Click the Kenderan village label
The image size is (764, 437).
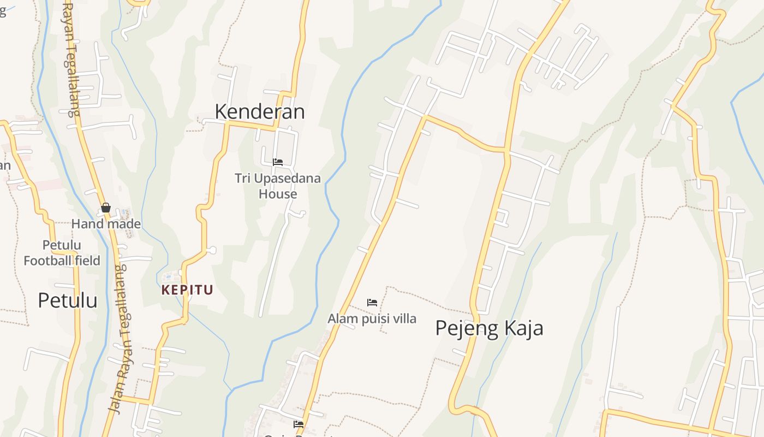click(259, 111)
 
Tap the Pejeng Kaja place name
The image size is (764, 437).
click(489, 328)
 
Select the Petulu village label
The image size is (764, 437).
click(68, 300)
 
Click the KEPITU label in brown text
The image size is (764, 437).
click(187, 290)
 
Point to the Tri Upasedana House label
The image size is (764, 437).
click(278, 186)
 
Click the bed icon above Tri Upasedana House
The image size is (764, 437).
click(278, 162)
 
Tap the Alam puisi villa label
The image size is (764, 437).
click(372, 318)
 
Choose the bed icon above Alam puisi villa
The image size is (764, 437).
click(372, 302)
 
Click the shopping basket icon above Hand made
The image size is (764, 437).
click(106, 208)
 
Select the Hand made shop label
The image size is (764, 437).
click(106, 224)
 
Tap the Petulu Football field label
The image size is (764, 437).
click(62, 252)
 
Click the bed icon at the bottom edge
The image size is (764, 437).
click(299, 424)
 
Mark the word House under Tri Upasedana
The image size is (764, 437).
click(278, 194)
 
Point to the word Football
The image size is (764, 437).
click(50, 261)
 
